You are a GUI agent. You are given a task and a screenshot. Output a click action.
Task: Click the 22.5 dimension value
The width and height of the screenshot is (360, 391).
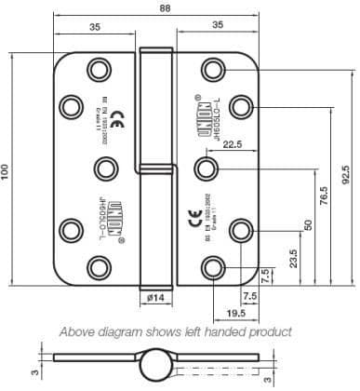[233, 144]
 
